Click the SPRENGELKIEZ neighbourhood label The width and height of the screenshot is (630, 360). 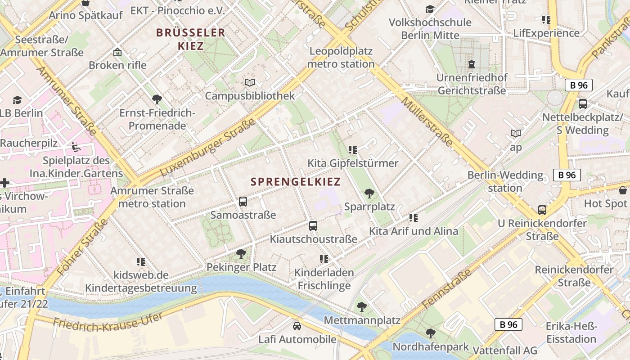tap(296, 182)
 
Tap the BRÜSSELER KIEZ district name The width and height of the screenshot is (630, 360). tap(190, 39)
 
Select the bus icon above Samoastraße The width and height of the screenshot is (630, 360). tap(243, 201)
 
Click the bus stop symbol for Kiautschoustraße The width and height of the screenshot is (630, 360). tap(313, 225)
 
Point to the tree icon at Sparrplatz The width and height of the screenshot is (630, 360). tap(369, 193)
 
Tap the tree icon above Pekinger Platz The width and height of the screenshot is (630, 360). tap(241, 254)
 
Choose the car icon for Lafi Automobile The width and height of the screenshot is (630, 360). tap(297, 326)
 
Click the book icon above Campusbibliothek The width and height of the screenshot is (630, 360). tap(250, 82)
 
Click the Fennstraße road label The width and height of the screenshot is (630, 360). tap(447, 289)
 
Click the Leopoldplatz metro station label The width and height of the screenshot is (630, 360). tap(341, 58)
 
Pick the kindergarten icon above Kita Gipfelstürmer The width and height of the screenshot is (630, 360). tap(352, 149)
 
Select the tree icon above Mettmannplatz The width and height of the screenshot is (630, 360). tap(361, 307)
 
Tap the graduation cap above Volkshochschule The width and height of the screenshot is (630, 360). tap(430, 9)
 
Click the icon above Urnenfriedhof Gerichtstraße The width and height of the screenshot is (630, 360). tap(471, 64)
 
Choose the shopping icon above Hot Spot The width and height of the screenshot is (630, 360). tap(623, 190)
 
